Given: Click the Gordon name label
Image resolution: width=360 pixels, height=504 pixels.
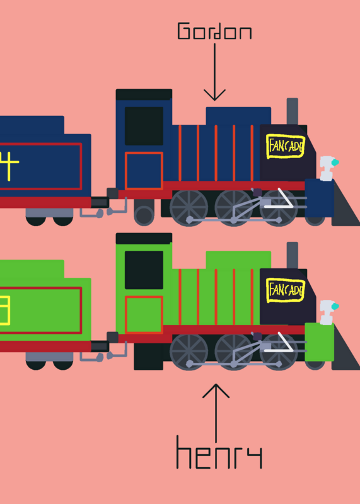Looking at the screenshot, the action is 214,31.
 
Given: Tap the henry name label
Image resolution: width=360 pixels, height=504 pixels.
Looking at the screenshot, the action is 219,452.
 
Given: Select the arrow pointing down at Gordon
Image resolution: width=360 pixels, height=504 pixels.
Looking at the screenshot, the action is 214,72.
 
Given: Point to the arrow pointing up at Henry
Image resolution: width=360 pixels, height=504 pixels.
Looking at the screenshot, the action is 216,413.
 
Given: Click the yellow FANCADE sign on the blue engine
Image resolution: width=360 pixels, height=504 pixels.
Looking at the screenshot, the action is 286,146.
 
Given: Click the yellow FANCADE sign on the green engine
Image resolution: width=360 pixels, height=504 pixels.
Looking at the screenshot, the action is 286,290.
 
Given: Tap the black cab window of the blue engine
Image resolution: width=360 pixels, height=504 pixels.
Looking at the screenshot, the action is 144,126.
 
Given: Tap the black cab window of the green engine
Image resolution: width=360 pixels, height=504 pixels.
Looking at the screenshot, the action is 144,270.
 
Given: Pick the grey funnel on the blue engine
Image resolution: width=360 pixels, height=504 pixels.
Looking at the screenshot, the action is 292,112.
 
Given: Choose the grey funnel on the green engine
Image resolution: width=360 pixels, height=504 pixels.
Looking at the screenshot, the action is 292,255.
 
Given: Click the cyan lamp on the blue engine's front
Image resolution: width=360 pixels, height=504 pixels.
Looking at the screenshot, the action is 335,163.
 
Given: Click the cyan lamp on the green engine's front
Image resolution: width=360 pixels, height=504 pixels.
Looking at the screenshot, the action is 335,306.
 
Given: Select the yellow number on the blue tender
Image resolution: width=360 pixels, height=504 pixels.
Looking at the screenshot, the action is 9,166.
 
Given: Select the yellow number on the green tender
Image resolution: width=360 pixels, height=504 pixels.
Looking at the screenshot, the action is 5,310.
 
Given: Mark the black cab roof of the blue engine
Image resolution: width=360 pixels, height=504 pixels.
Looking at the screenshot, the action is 144,94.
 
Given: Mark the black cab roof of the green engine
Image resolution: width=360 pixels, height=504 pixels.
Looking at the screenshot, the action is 144,239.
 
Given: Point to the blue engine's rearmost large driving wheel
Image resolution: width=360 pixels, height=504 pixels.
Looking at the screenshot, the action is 189,208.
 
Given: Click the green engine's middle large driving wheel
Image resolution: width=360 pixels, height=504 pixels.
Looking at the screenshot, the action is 233,352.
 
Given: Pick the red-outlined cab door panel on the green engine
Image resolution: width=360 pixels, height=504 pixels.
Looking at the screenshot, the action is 144,314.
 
